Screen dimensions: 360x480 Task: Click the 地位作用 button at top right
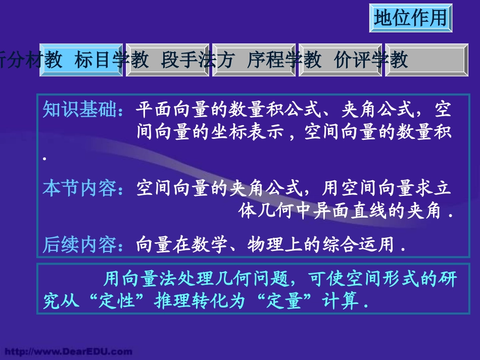pyautogui.click(x=410, y=18)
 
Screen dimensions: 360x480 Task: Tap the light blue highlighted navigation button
pyautogui.click(x=81, y=60)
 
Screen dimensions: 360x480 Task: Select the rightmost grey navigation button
pyautogui.click(x=426, y=60)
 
